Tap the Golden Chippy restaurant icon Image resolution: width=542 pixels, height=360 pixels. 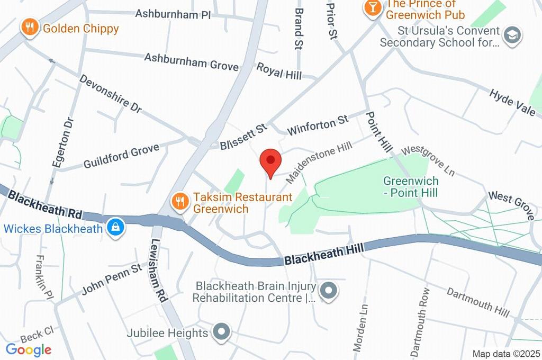pyautogui.click(x=29, y=28)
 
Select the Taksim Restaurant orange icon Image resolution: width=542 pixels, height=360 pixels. pyautogui.click(x=180, y=201)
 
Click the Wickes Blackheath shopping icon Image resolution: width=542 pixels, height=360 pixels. pyautogui.click(x=114, y=228)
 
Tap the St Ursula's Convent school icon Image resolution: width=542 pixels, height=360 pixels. pyautogui.click(x=512, y=35)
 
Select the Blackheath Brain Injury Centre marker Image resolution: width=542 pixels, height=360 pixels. pyautogui.click(x=329, y=291)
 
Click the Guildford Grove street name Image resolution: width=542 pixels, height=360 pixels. pyautogui.click(x=121, y=157)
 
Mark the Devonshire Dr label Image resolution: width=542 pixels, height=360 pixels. pyautogui.click(x=111, y=93)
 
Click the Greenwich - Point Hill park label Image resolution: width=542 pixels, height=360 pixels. pyautogui.click(x=411, y=187)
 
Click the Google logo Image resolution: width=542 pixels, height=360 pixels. pyautogui.click(x=28, y=349)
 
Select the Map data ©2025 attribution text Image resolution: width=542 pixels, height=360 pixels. pyautogui.click(x=505, y=354)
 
